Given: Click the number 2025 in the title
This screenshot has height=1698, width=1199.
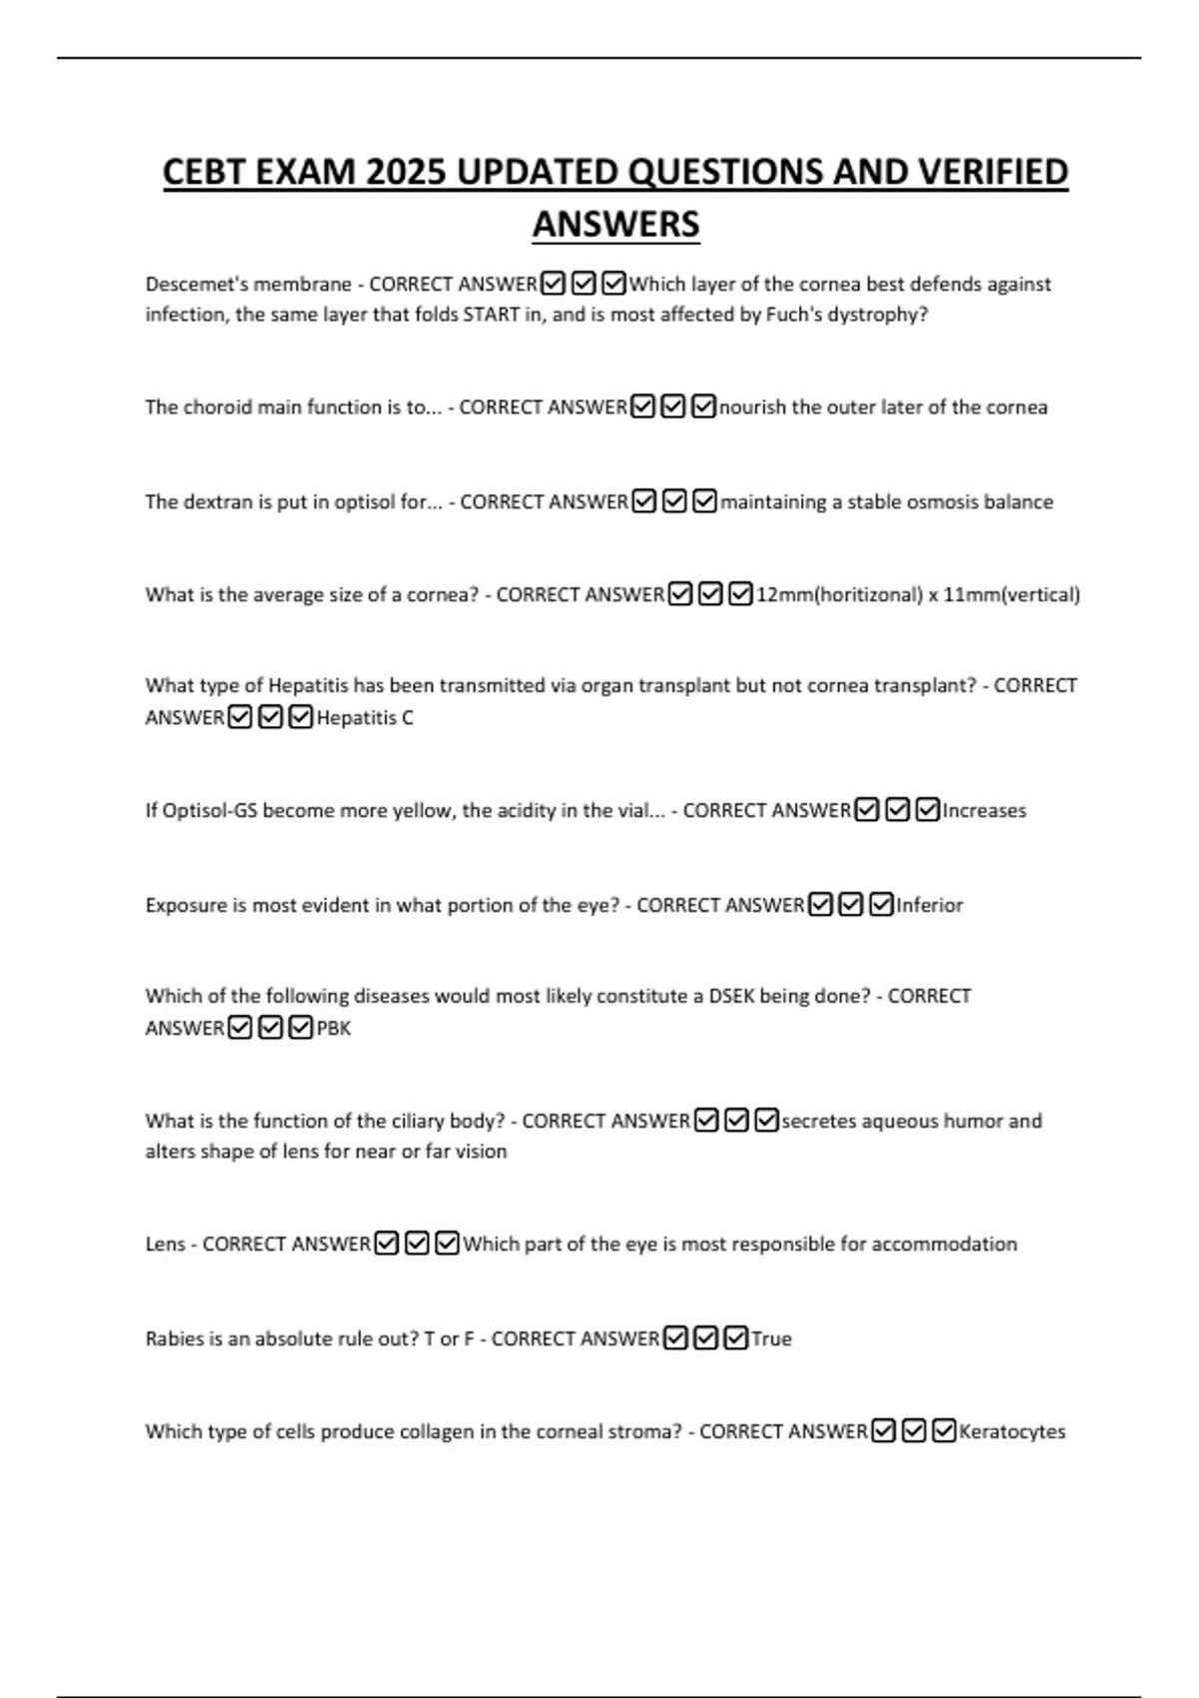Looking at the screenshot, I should [x=406, y=173].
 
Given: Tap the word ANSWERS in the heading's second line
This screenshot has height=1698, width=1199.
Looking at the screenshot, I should [x=615, y=225].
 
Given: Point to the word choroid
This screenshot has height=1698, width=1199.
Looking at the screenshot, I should [x=218, y=408].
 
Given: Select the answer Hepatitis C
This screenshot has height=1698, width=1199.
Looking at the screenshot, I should [x=365, y=718].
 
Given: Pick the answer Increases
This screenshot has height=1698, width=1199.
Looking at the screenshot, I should [x=984, y=811].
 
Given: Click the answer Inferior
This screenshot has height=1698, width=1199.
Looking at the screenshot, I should [x=929, y=906].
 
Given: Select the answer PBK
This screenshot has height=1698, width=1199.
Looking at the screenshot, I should [x=334, y=1029].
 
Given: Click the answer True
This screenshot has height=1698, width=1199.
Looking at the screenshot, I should [x=771, y=1339].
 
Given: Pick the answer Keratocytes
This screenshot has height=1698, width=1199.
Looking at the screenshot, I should [x=1011, y=1432].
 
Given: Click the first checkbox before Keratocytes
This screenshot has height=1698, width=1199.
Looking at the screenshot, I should [x=882, y=1432].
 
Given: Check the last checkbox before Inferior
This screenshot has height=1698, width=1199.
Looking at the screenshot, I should [x=881, y=906].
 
